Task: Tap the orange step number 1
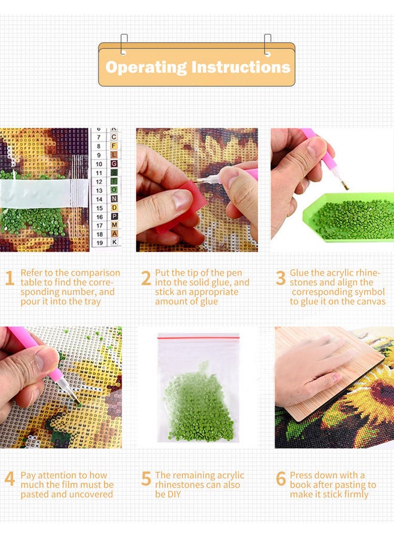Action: tap(9, 278)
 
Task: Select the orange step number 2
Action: tap(146, 278)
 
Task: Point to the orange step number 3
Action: tap(281, 278)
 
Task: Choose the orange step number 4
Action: tap(10, 479)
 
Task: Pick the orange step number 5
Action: tap(146, 479)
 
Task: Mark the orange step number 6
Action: tap(281, 479)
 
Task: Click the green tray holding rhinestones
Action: tap(352, 218)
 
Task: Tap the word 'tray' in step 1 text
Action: tap(91, 302)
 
